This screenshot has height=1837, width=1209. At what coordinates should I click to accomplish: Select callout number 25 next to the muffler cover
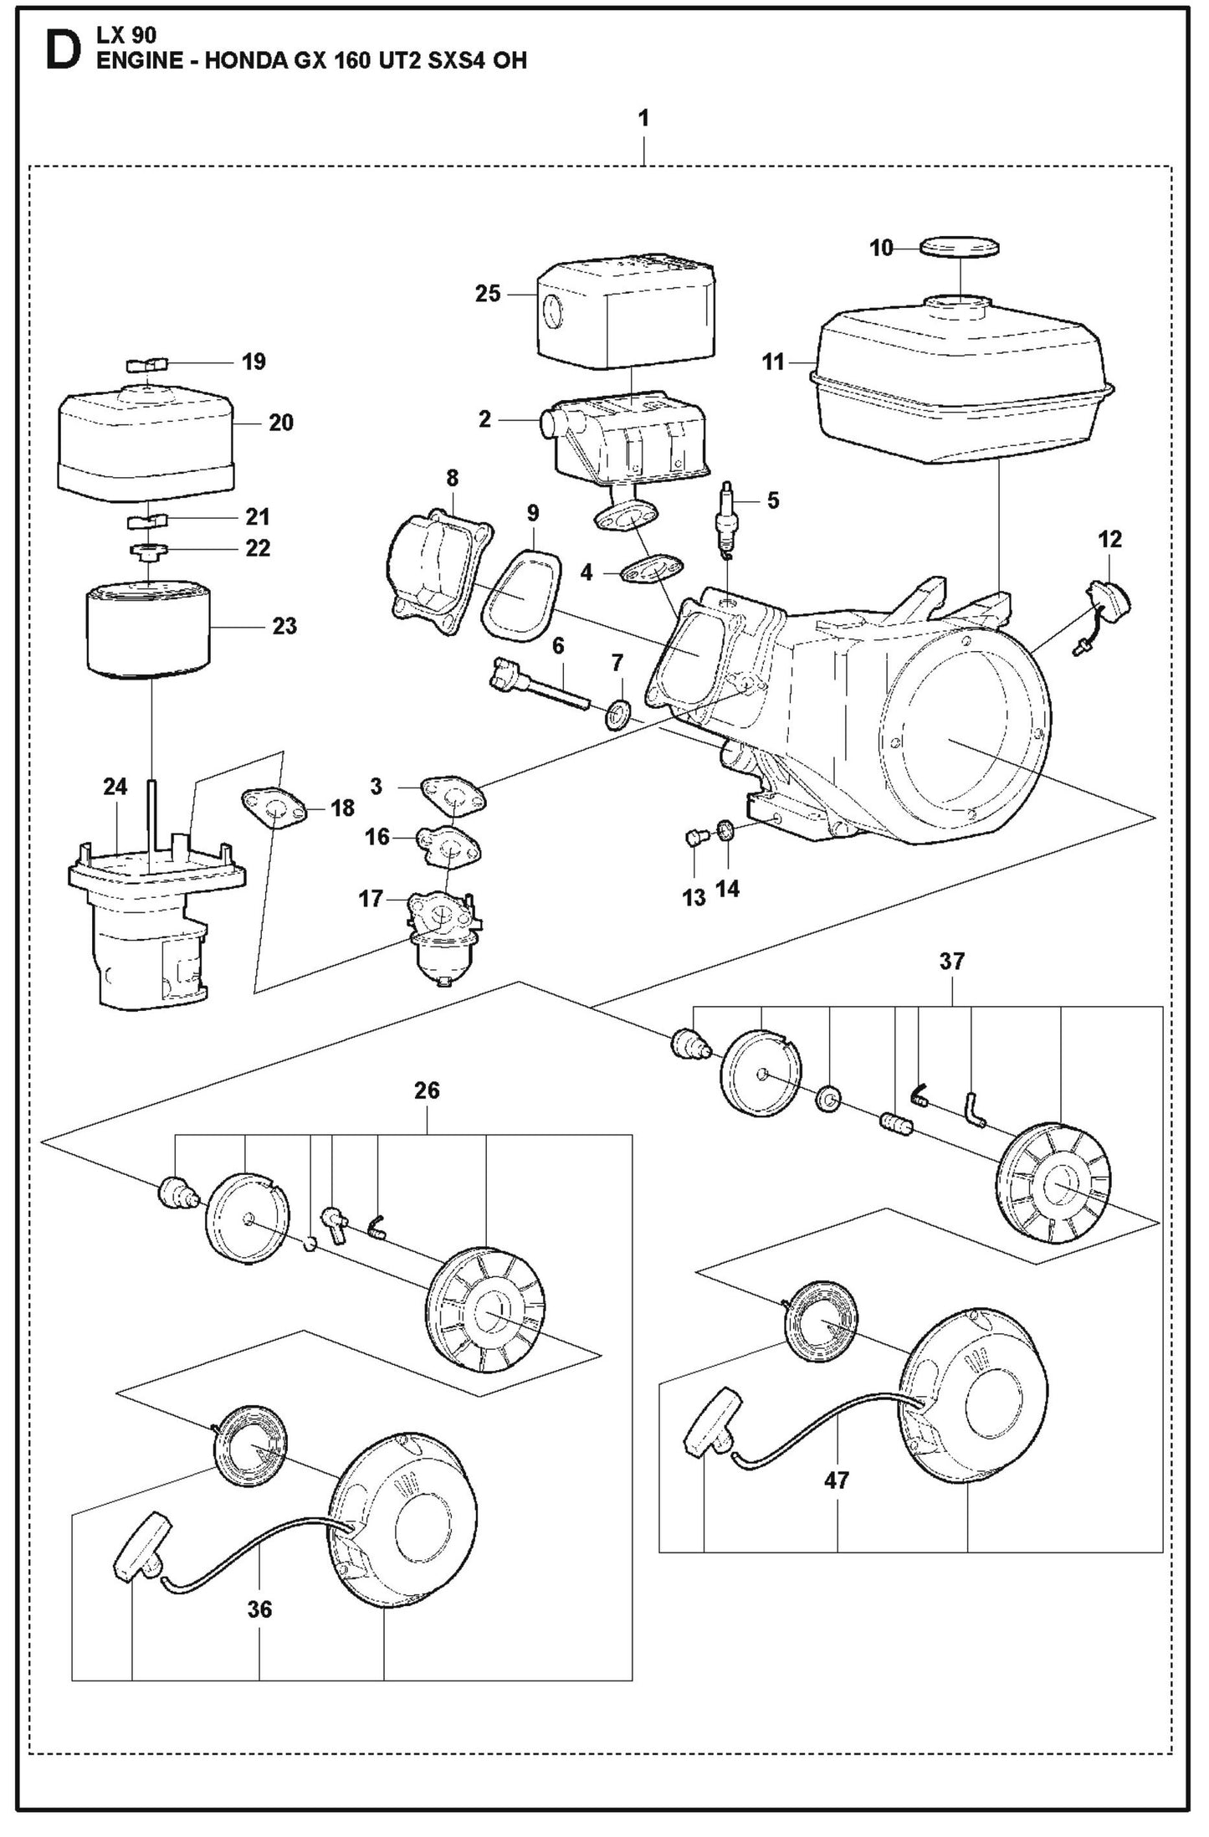tap(488, 294)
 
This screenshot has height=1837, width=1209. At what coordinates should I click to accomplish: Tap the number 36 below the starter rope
tap(259, 1609)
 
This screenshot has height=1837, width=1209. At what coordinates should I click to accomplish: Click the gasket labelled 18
tap(273, 808)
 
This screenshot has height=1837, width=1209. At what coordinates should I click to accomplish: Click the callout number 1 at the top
tap(643, 119)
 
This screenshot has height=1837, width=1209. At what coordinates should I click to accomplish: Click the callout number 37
tap(951, 962)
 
